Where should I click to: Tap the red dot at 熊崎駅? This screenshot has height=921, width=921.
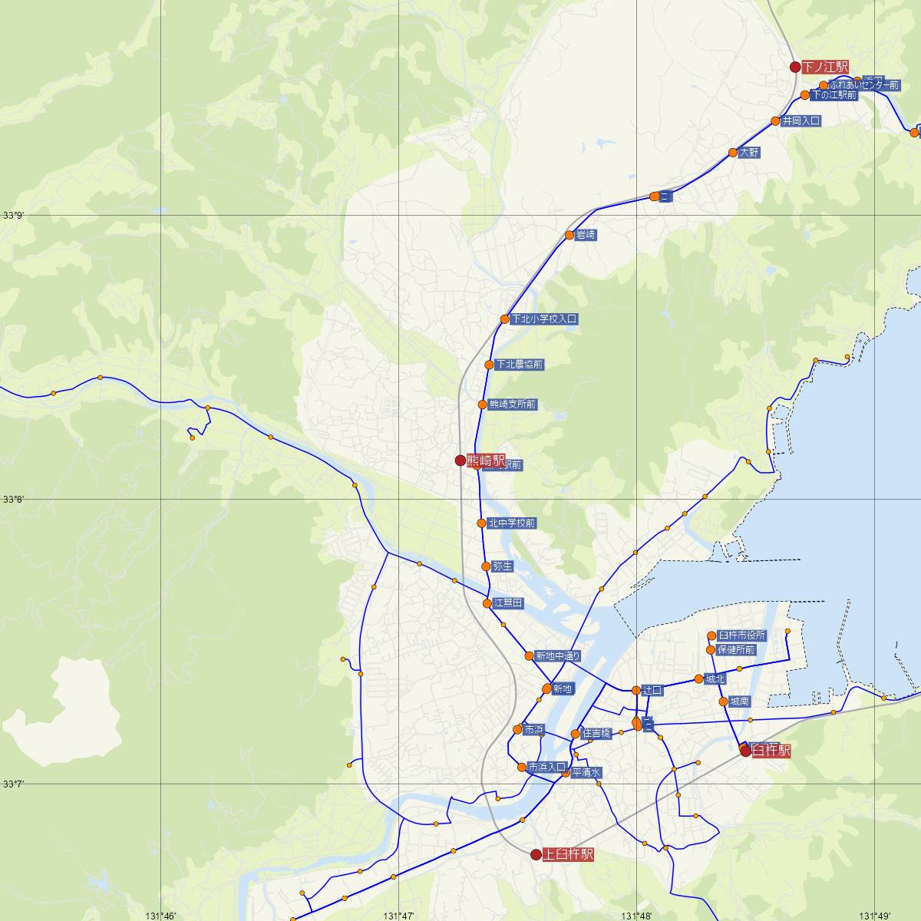[460, 460]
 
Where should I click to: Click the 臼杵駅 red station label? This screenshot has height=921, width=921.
[770, 751]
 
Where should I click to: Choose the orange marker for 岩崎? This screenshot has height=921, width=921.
[569, 235]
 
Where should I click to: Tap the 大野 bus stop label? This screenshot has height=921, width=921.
[749, 153]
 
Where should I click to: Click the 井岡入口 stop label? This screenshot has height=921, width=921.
[801, 121]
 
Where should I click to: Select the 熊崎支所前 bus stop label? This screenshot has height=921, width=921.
[512, 404]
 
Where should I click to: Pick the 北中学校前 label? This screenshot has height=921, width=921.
[510, 523]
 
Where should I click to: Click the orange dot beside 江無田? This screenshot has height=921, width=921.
[487, 603]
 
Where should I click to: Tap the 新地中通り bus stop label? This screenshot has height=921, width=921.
[557, 656]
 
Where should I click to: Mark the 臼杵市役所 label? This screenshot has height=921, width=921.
[741, 635]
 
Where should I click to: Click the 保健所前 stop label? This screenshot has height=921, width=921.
[736, 650]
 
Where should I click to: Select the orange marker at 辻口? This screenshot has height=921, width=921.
[636, 691]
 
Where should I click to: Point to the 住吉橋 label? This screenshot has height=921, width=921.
[596, 734]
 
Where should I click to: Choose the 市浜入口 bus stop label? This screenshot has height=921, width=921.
[546, 767]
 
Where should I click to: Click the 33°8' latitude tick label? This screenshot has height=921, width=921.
[13, 500]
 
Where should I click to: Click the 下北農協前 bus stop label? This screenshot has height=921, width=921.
[519, 365]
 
